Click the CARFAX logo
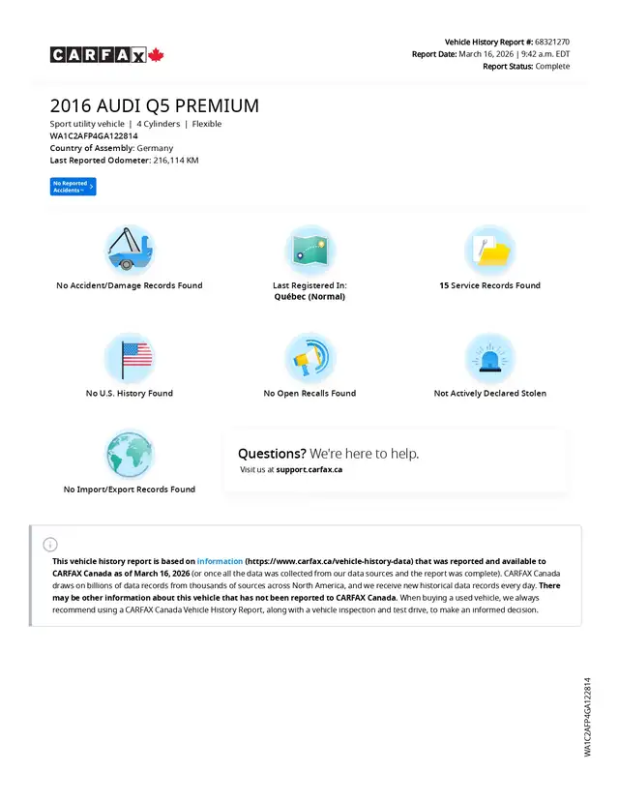(107, 55)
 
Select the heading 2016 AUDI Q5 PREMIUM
(155, 105)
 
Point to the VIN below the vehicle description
(94, 136)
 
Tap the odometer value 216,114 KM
(176, 160)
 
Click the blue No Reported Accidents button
(73, 187)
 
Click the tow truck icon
(129, 250)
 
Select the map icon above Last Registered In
(309, 250)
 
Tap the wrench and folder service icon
(489, 250)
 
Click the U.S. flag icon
(129, 358)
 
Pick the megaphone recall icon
(309, 358)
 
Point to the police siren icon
(489, 358)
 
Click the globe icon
(129, 454)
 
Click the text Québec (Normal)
(309, 297)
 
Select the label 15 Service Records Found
(489, 285)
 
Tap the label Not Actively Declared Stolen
(489, 394)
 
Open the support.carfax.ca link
(309, 469)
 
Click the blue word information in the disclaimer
(220, 561)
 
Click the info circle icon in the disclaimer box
(50, 545)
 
